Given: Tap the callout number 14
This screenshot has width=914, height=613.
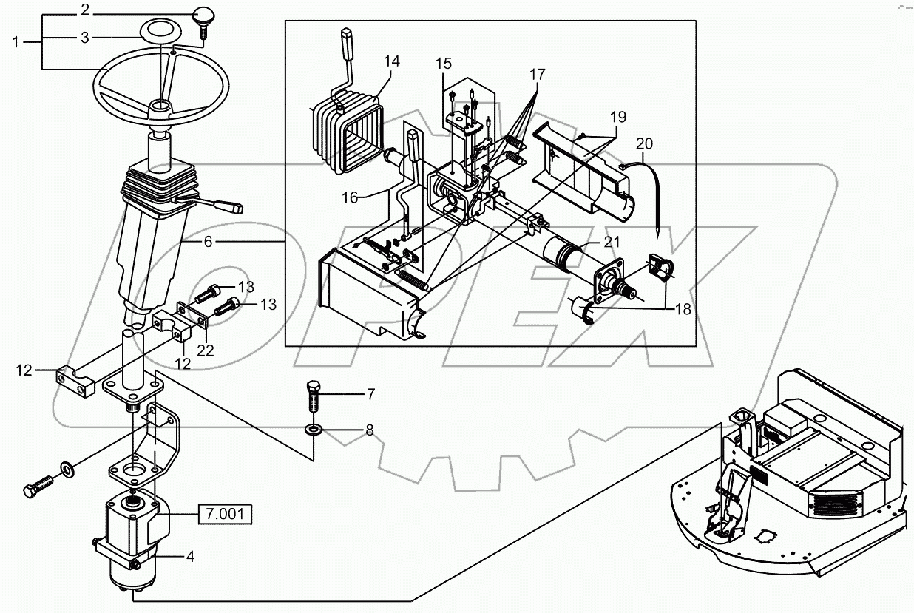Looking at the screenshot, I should click(391, 61).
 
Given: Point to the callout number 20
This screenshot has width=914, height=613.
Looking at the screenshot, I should click(645, 143).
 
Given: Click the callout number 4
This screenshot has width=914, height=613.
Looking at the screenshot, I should click(190, 557).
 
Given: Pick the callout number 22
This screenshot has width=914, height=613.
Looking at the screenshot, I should click(205, 350).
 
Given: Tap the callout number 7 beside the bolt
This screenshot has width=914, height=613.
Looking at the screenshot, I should click(370, 393).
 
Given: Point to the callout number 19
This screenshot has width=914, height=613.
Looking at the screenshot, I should click(617, 116).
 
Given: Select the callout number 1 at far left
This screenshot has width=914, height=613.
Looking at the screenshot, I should click(16, 42).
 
